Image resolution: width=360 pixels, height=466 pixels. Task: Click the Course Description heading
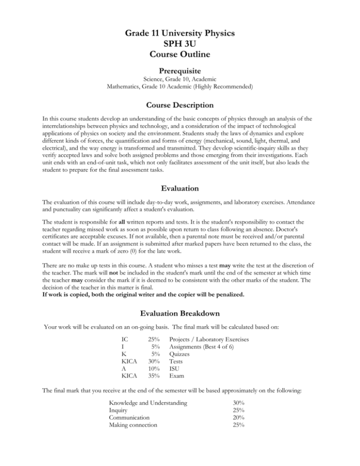point(180,105)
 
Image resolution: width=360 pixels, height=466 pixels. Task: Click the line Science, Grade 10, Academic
point(180,79)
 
